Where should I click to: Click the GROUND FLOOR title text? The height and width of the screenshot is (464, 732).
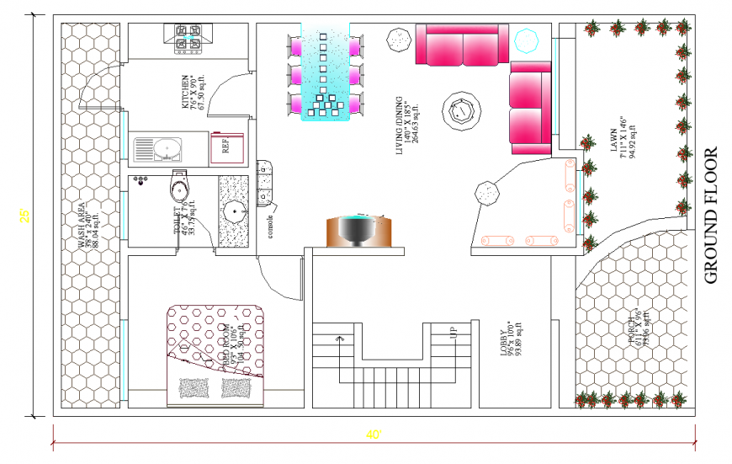pyautogui.click(x=710, y=215)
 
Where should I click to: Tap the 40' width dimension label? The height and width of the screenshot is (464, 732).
pyautogui.click(x=374, y=435)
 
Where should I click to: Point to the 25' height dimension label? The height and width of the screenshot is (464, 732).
pyautogui.click(x=25, y=216)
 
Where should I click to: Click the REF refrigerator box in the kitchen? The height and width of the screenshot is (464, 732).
pyautogui.click(x=227, y=145)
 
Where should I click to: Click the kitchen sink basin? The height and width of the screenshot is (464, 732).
pyautogui.click(x=167, y=149)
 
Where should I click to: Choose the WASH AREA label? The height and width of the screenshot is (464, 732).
pyautogui.click(x=83, y=226)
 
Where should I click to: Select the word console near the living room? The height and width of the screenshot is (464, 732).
pyautogui.click(x=271, y=228)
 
